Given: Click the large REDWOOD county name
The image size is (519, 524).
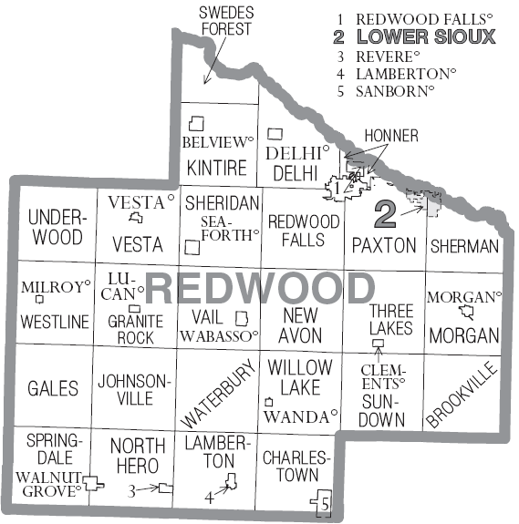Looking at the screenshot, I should (x=260, y=289).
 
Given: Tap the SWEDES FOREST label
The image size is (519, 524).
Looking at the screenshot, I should (x=226, y=21).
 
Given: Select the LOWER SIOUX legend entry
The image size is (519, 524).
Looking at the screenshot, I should (x=426, y=37).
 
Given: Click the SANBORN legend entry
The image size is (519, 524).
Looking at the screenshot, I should (x=395, y=91).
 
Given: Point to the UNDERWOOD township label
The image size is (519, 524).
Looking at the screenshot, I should (x=55, y=227).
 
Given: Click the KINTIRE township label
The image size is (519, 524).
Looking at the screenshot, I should (x=216, y=168).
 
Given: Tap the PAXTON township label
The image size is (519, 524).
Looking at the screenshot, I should (x=384, y=245).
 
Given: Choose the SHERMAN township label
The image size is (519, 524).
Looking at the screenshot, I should (x=464, y=246).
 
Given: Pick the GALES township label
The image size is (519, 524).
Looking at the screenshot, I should (x=53, y=388).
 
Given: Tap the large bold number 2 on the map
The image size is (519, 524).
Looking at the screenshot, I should (x=385, y=214).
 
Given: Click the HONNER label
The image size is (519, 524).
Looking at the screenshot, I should (x=390, y=136).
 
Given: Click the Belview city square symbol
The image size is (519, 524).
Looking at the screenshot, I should (x=195, y=122).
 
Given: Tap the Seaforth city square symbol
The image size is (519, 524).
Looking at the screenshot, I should (x=192, y=247).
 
